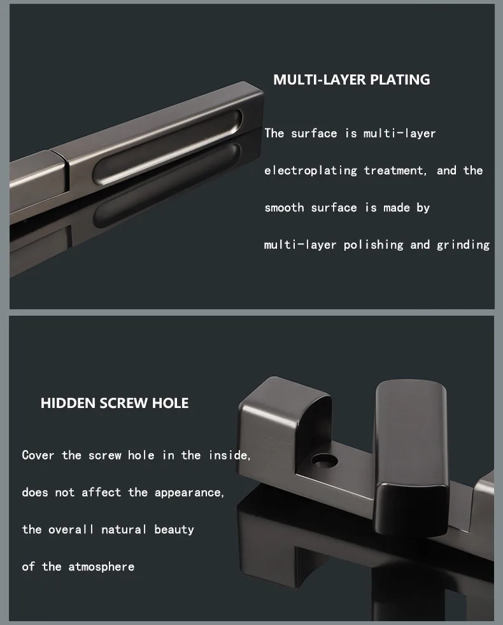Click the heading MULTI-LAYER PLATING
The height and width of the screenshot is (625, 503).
[351, 80]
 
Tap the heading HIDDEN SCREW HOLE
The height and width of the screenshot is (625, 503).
[115, 403]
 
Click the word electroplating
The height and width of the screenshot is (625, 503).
[311, 171]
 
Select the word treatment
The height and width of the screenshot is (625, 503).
[395, 171]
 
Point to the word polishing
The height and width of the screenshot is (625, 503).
[373, 245]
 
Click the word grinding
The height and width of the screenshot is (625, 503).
[463, 245]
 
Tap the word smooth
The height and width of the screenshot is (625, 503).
[284, 207]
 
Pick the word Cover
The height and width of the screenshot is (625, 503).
[38, 455]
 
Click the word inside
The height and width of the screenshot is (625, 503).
[229, 455]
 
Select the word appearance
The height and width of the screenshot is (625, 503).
[189, 493]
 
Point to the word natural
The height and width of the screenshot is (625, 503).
[124, 530]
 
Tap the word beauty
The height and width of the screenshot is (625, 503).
[174, 530]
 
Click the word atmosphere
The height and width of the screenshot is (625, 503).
[101, 566]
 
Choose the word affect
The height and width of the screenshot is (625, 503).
[101, 492]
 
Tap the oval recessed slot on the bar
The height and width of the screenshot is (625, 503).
[167, 148]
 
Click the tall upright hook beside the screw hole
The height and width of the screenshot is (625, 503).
[411, 454]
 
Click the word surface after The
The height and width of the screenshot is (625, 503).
[314, 134]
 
